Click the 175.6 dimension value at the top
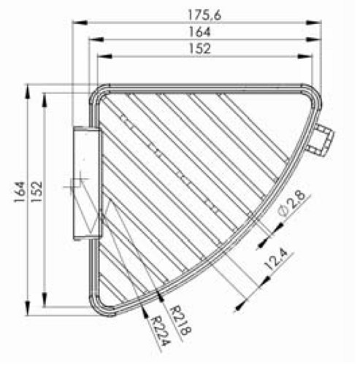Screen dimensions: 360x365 [204, 15]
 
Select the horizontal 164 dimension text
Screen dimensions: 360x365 [199, 32]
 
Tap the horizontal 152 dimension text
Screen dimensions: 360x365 [199, 48]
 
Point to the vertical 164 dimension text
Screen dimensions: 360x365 [20, 192]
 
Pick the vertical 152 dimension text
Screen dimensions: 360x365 [37, 192]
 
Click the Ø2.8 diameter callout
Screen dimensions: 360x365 [292, 203]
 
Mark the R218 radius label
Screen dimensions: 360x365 [180, 320]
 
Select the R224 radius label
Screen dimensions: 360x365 [160, 331]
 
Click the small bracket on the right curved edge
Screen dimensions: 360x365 [320, 139]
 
